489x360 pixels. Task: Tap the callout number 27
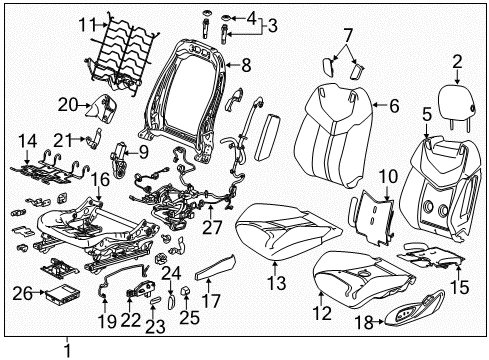(213, 228)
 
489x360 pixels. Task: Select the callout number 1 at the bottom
(67, 349)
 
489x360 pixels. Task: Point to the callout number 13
(274, 266)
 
